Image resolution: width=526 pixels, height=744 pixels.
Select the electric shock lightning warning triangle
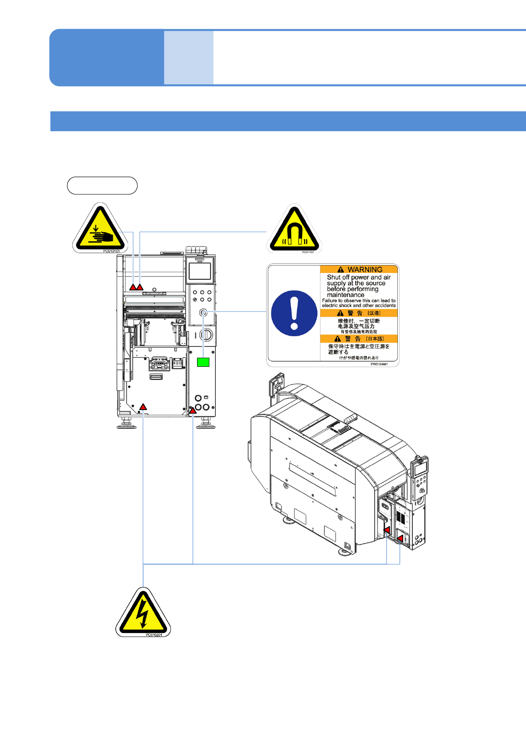143,614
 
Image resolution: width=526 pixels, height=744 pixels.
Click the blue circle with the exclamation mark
294,313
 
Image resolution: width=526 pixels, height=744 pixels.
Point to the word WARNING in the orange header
365,270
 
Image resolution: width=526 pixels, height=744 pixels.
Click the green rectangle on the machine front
203,362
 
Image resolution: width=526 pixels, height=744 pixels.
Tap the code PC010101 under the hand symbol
111,251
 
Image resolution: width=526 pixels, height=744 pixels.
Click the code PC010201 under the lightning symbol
154,635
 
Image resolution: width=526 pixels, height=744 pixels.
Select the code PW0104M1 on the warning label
379,364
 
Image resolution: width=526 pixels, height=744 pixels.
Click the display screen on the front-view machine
200,271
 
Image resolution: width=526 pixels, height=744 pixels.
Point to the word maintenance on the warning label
346,295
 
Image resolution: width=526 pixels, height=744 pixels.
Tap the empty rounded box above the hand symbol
102,186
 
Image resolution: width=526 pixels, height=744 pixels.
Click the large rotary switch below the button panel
206,334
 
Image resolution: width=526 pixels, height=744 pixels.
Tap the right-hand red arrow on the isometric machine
400,538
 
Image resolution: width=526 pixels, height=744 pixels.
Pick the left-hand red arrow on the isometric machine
387,530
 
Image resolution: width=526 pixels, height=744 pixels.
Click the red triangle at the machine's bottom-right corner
193,411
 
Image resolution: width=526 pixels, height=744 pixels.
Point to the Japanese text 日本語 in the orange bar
375,339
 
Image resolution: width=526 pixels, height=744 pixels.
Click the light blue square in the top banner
189,57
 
